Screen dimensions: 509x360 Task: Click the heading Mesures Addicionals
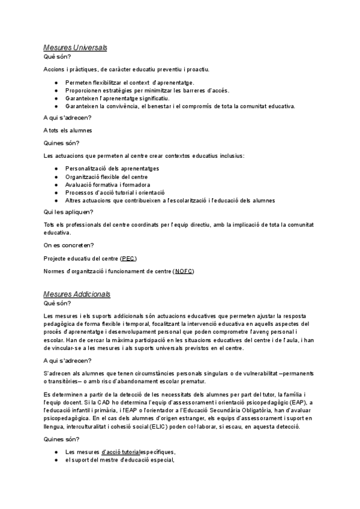coord(77,295)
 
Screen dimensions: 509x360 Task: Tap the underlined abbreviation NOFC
coord(184,271)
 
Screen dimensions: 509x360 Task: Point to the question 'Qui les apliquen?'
coord(68,211)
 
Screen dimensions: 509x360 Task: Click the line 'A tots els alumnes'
coord(68,130)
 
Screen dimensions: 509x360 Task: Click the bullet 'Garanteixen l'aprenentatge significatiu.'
coord(118,98)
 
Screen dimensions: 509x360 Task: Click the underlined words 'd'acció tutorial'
coord(121,451)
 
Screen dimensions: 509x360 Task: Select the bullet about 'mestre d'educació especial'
coord(119,460)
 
